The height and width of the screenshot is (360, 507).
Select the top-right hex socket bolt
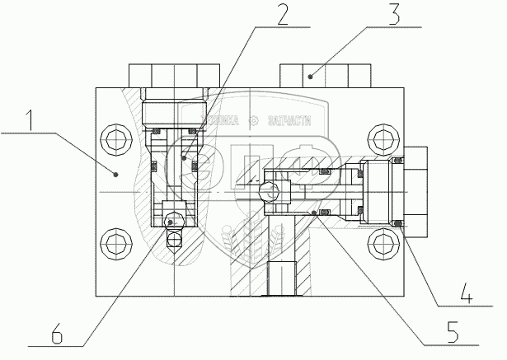[x=383, y=137]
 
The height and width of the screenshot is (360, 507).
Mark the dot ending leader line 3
[x=312, y=77]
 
